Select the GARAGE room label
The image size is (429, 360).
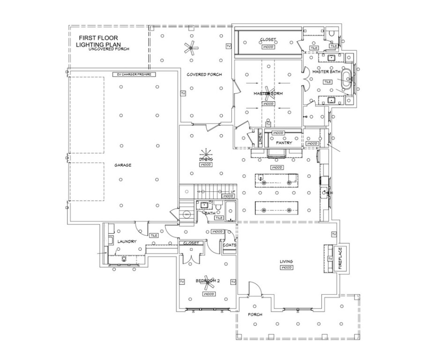click(123, 165)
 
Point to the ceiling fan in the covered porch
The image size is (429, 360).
click(190, 47)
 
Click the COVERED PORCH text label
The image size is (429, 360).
click(204, 75)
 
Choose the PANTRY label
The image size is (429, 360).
click(284, 142)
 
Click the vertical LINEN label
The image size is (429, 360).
click(260, 139)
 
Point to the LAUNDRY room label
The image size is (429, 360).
click(127, 242)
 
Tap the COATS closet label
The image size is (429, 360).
click(230, 245)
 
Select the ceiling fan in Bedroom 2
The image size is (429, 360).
click(207, 280)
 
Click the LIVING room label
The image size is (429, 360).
click(286, 261)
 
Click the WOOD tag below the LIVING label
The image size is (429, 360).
click(286, 268)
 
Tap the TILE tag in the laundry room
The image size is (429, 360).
click(154, 235)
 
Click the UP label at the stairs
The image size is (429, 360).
click(233, 191)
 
